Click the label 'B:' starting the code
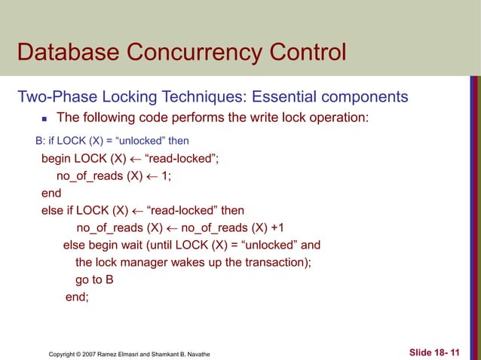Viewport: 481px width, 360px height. tap(41, 141)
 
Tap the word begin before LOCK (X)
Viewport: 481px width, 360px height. tap(57, 159)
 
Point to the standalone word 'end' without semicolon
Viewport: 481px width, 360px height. tap(51, 194)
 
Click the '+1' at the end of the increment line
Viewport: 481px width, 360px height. tap(277, 228)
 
